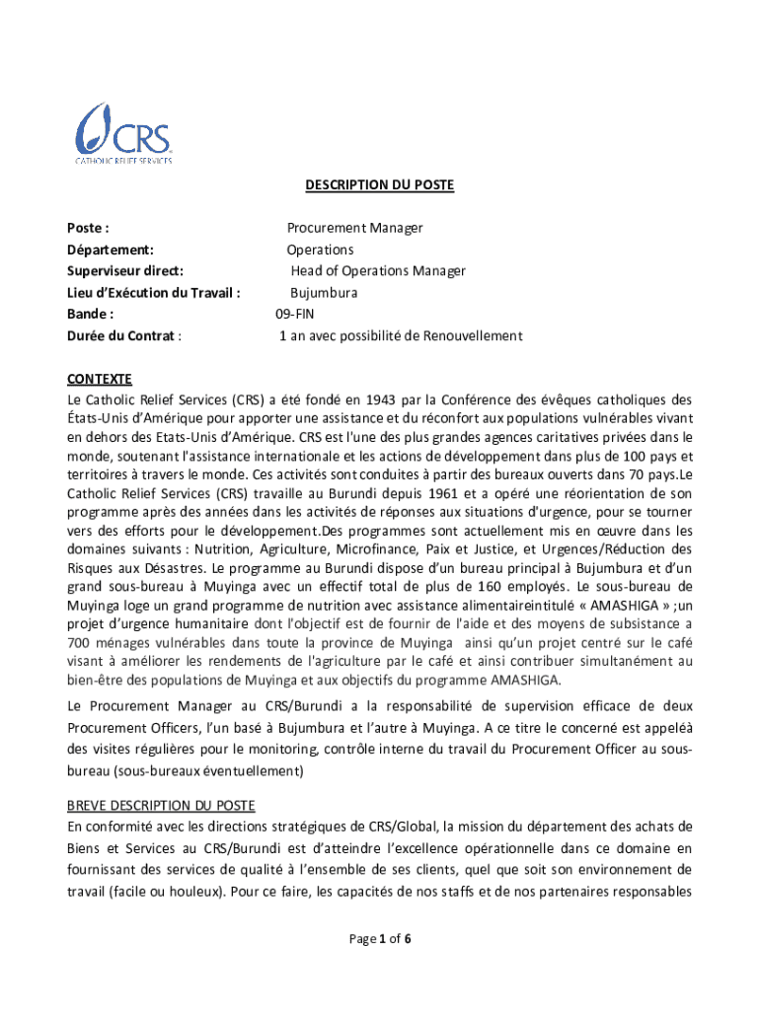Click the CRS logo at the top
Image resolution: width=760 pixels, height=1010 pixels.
124,133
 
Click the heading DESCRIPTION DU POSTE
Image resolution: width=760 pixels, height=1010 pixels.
379,184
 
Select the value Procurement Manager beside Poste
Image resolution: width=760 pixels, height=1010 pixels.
354,228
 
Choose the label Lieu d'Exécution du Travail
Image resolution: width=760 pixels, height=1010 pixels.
154,293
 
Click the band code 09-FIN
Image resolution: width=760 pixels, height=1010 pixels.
295,315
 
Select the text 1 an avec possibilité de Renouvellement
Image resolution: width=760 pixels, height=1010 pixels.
400,336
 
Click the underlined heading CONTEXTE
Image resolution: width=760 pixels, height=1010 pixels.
99,380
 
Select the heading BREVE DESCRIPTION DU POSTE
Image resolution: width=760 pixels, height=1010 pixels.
161,806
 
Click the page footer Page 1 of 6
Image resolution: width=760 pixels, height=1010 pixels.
380,939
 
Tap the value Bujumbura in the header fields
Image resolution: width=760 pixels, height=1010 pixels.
324,293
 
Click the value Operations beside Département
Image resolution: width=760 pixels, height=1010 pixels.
320,250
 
